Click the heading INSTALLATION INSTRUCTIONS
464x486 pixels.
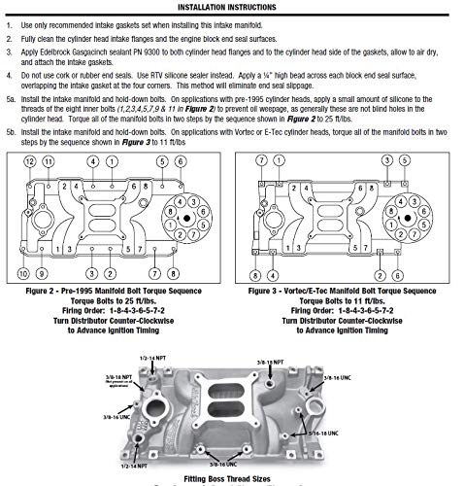click(231, 5)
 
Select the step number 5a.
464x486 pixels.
click(11, 99)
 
